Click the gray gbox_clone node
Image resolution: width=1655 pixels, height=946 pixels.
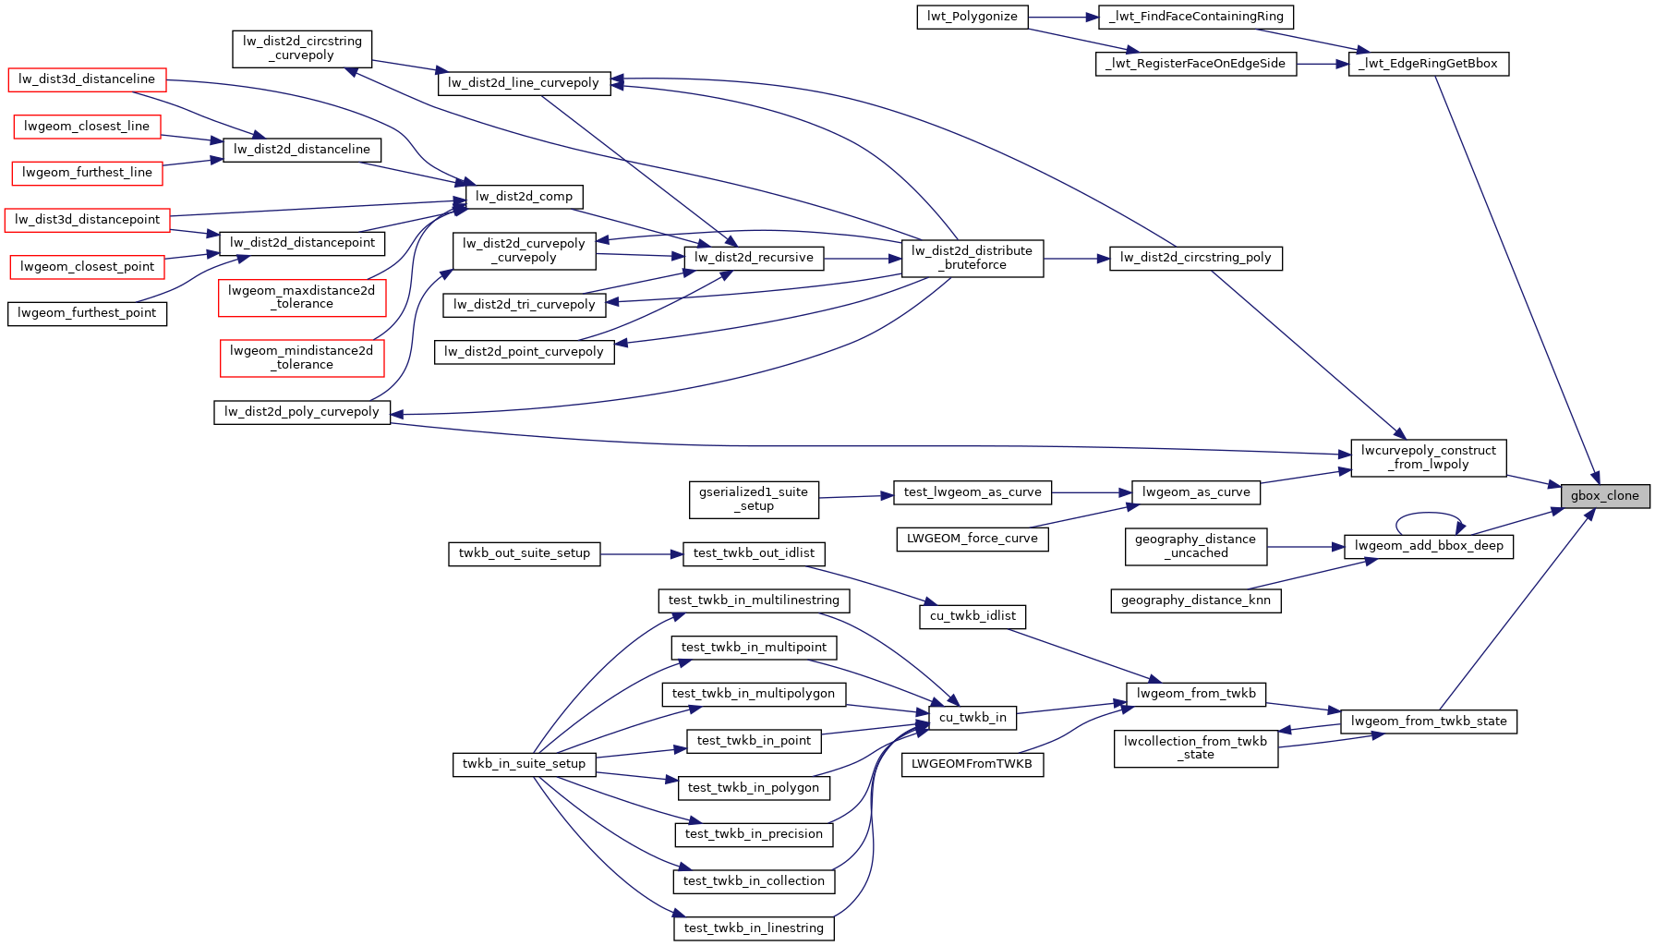click(1604, 495)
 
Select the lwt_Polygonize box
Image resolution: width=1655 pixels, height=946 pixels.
click(972, 17)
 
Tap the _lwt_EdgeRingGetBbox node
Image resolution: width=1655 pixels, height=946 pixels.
click(1429, 64)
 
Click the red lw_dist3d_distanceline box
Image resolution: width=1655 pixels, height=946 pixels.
click(87, 79)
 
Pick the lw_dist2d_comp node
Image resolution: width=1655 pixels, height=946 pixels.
click(524, 196)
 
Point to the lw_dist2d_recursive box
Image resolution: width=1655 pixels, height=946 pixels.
click(754, 258)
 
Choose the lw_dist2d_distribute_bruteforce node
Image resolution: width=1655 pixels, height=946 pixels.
click(972, 258)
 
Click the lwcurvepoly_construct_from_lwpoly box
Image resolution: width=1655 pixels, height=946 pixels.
click(1428, 457)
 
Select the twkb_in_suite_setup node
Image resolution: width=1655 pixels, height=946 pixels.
click(524, 764)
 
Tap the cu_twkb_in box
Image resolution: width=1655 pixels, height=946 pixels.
click(972, 718)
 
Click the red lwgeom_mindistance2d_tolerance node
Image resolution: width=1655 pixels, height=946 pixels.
click(301, 358)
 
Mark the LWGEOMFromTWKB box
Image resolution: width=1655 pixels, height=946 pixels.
click(972, 764)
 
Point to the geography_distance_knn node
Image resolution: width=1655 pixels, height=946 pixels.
click(1195, 600)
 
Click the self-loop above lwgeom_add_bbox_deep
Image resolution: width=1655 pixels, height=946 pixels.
click(1428, 515)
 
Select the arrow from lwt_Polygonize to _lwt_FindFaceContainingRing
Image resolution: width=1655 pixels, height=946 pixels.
click(1062, 17)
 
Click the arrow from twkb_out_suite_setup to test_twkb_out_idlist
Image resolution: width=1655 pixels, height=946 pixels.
click(641, 554)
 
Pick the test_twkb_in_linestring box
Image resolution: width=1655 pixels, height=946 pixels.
click(754, 928)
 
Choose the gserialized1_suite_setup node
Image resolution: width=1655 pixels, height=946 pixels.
click(753, 499)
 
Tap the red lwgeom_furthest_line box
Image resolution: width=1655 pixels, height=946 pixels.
click(87, 173)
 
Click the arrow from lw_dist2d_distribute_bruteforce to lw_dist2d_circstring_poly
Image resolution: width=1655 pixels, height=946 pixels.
click(1076, 260)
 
